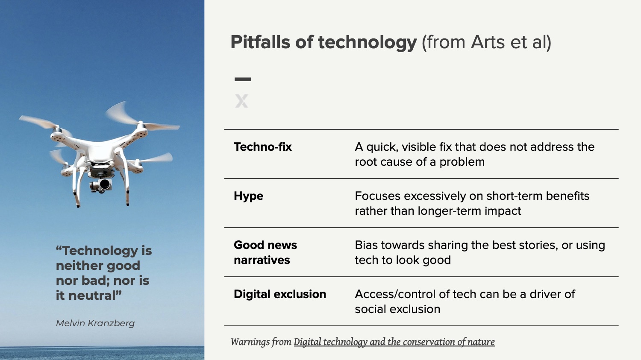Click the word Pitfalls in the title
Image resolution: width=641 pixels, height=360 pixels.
point(260,42)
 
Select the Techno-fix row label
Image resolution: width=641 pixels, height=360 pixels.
point(263,147)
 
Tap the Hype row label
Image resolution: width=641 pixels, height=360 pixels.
point(248,196)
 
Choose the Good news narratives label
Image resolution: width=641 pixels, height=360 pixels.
point(265,252)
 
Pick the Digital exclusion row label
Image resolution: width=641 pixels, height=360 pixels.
point(280,294)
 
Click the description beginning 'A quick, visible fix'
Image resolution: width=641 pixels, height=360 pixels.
point(474,155)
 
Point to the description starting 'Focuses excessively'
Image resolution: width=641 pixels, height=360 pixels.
point(472,204)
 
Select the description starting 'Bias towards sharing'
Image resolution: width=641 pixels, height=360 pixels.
point(480,252)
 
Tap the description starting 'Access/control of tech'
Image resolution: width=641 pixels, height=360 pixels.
point(465,301)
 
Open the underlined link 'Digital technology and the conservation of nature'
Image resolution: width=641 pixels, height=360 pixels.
point(394,342)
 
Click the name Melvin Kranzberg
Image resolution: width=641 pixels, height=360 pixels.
point(95,323)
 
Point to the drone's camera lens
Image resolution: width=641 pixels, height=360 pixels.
point(105,184)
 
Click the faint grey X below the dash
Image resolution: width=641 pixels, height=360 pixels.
point(241,101)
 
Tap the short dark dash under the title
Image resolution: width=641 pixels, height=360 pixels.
point(243,79)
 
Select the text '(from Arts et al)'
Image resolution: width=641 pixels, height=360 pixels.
point(486,42)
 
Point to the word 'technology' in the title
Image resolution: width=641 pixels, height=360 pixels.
point(367,43)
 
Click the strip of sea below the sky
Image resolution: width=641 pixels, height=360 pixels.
point(102,353)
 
